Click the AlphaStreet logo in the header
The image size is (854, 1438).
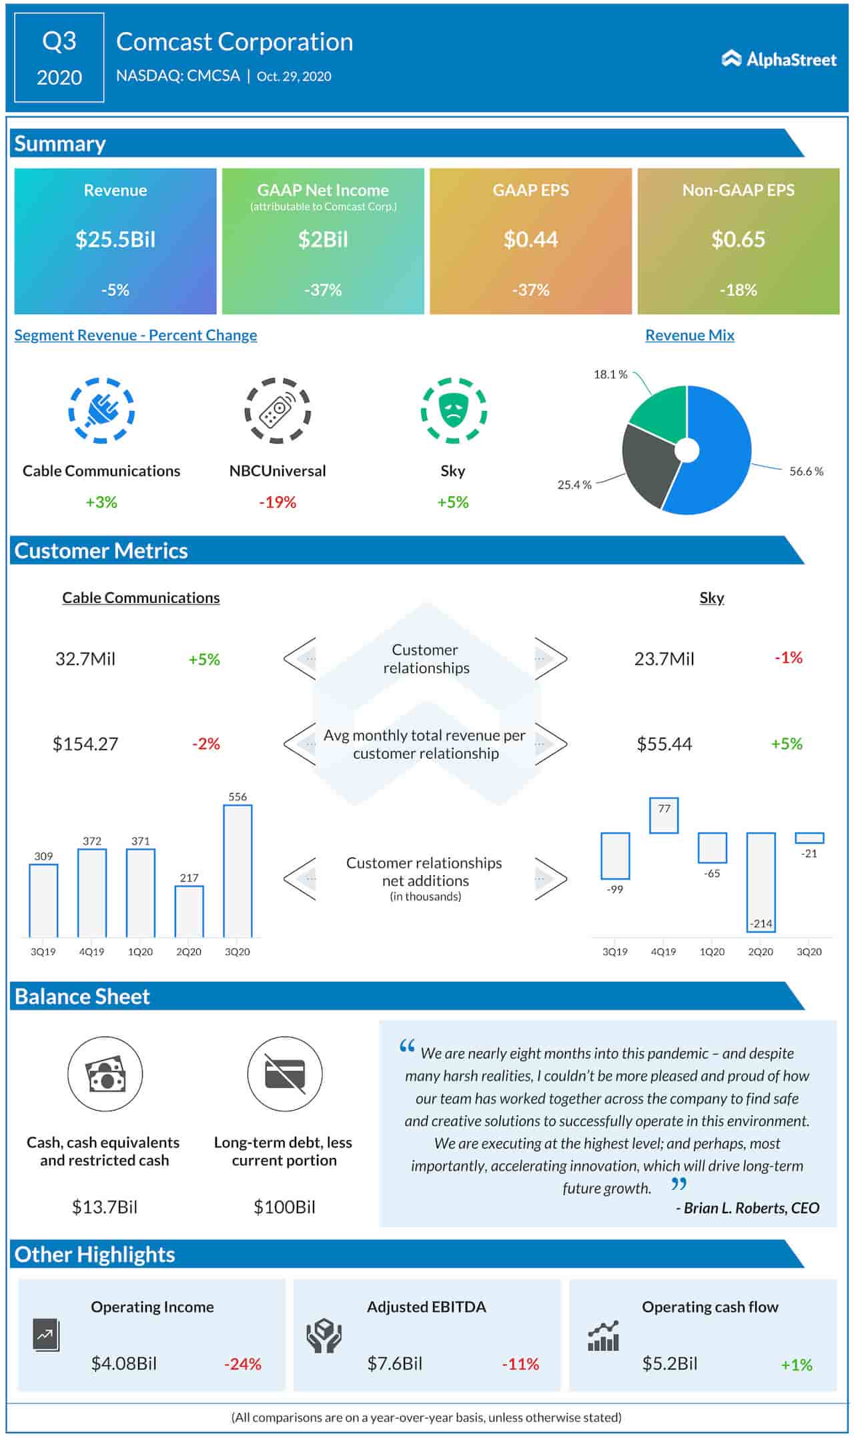pyautogui.click(x=778, y=59)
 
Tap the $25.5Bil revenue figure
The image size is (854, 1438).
pyautogui.click(x=115, y=239)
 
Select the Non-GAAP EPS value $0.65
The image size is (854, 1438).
pyautogui.click(x=738, y=239)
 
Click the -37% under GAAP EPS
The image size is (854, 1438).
pyautogui.click(x=530, y=290)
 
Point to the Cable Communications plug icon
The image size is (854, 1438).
pyautogui.click(x=101, y=410)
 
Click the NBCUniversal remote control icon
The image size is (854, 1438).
pyautogui.click(x=278, y=410)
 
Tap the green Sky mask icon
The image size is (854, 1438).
pyautogui.click(x=454, y=410)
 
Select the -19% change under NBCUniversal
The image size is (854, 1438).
pyautogui.click(x=278, y=502)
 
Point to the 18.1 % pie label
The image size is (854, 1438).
pyautogui.click(x=610, y=374)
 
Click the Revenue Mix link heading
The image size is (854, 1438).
pyautogui.click(x=689, y=335)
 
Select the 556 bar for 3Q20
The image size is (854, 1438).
pyautogui.click(x=238, y=870)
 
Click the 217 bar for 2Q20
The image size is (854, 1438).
pyautogui.click(x=189, y=911)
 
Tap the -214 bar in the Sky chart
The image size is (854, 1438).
pyautogui.click(x=761, y=880)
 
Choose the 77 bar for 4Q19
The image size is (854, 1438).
pyautogui.click(x=663, y=815)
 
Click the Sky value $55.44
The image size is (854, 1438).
pyautogui.click(x=664, y=744)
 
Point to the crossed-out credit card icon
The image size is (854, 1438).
pyautogui.click(x=285, y=1074)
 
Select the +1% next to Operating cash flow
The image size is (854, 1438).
pyautogui.click(x=796, y=1365)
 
